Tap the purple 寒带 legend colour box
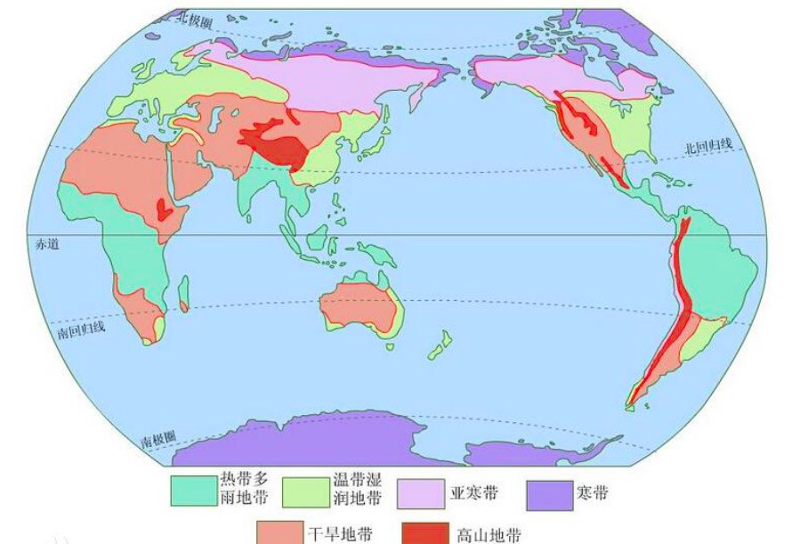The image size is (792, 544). click(547, 492)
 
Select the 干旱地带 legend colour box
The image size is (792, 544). click(279, 532)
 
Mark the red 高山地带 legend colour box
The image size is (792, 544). click(424, 532)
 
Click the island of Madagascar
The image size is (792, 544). click(184, 294)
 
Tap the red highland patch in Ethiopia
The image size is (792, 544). click(163, 209)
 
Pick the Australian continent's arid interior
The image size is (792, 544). click(356, 303)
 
